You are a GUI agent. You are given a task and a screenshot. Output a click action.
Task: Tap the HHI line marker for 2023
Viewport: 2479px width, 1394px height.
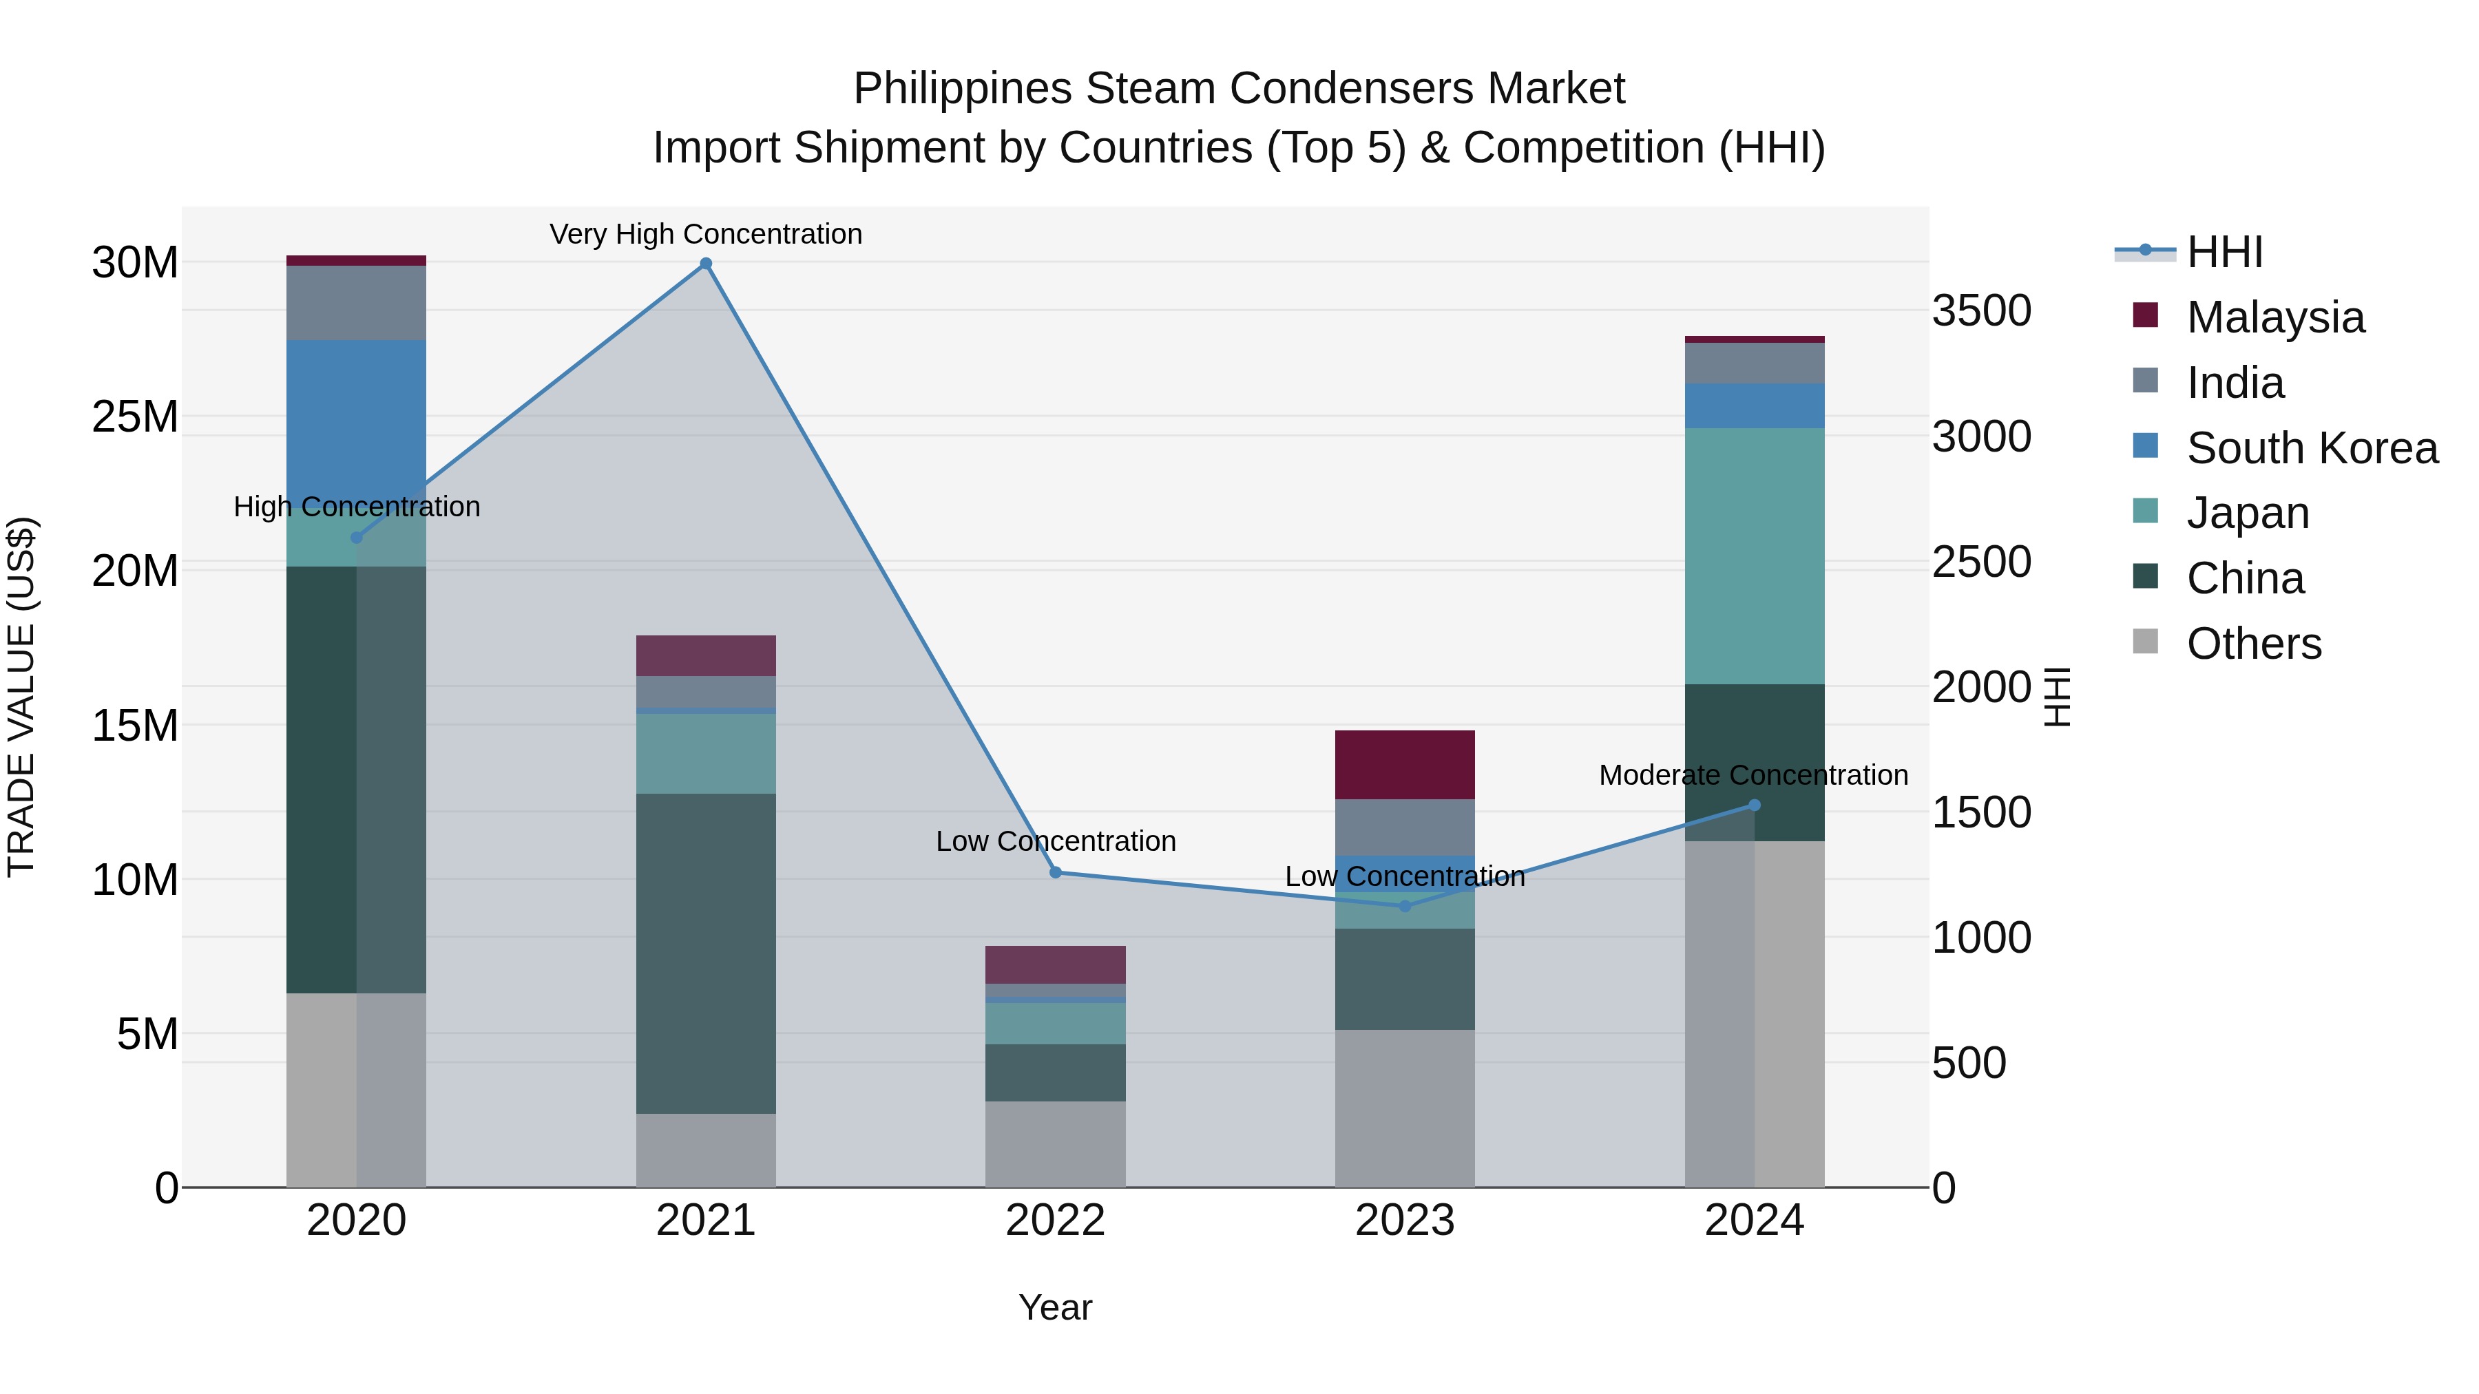click(x=1404, y=906)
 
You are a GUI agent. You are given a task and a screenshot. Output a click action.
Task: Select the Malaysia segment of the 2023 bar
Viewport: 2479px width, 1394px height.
click(x=1404, y=765)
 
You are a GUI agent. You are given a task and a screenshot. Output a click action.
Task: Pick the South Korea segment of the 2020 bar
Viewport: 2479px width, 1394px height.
click(x=356, y=414)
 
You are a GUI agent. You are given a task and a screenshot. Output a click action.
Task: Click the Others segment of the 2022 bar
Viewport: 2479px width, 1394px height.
click(x=1055, y=1144)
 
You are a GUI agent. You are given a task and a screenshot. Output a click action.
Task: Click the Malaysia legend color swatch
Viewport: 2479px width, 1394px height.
click(x=2145, y=315)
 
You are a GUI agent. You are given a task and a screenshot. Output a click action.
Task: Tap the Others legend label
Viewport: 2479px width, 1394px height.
click(x=2254, y=644)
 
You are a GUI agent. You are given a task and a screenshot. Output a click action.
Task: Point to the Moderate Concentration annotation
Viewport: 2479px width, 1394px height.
click(x=1753, y=774)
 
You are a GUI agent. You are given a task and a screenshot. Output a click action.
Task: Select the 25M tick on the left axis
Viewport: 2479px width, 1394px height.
click(x=135, y=416)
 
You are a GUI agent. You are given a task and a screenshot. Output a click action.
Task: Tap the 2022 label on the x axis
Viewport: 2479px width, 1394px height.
click(x=1055, y=1221)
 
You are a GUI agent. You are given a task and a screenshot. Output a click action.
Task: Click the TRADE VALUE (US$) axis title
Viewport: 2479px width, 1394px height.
click(x=21, y=697)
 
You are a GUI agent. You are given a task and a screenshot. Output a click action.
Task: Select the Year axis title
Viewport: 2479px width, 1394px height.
click(x=1055, y=1307)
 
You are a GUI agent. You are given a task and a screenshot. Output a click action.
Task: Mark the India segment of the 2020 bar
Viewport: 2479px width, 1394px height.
click(x=356, y=303)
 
